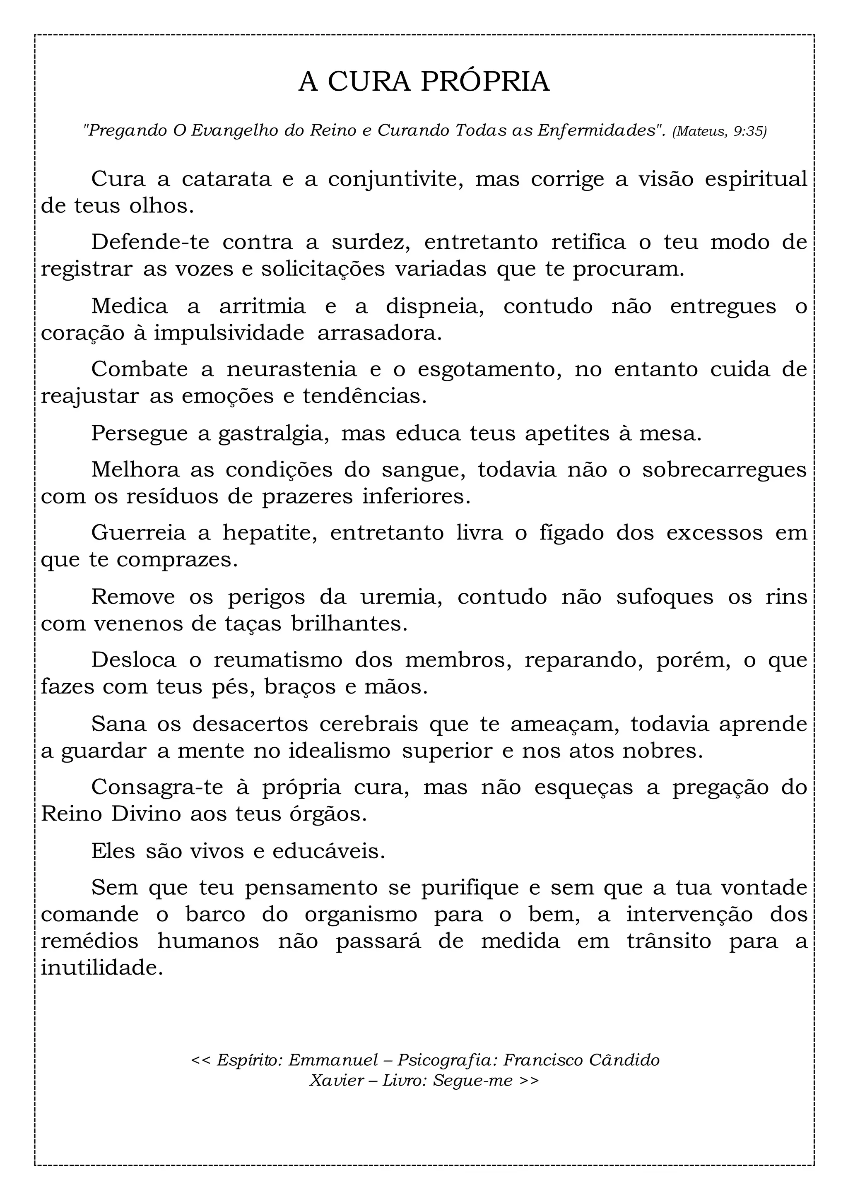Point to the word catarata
click(226, 180)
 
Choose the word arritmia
click(262, 306)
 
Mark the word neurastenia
click(291, 370)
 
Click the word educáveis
click(328, 852)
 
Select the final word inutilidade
click(102, 969)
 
